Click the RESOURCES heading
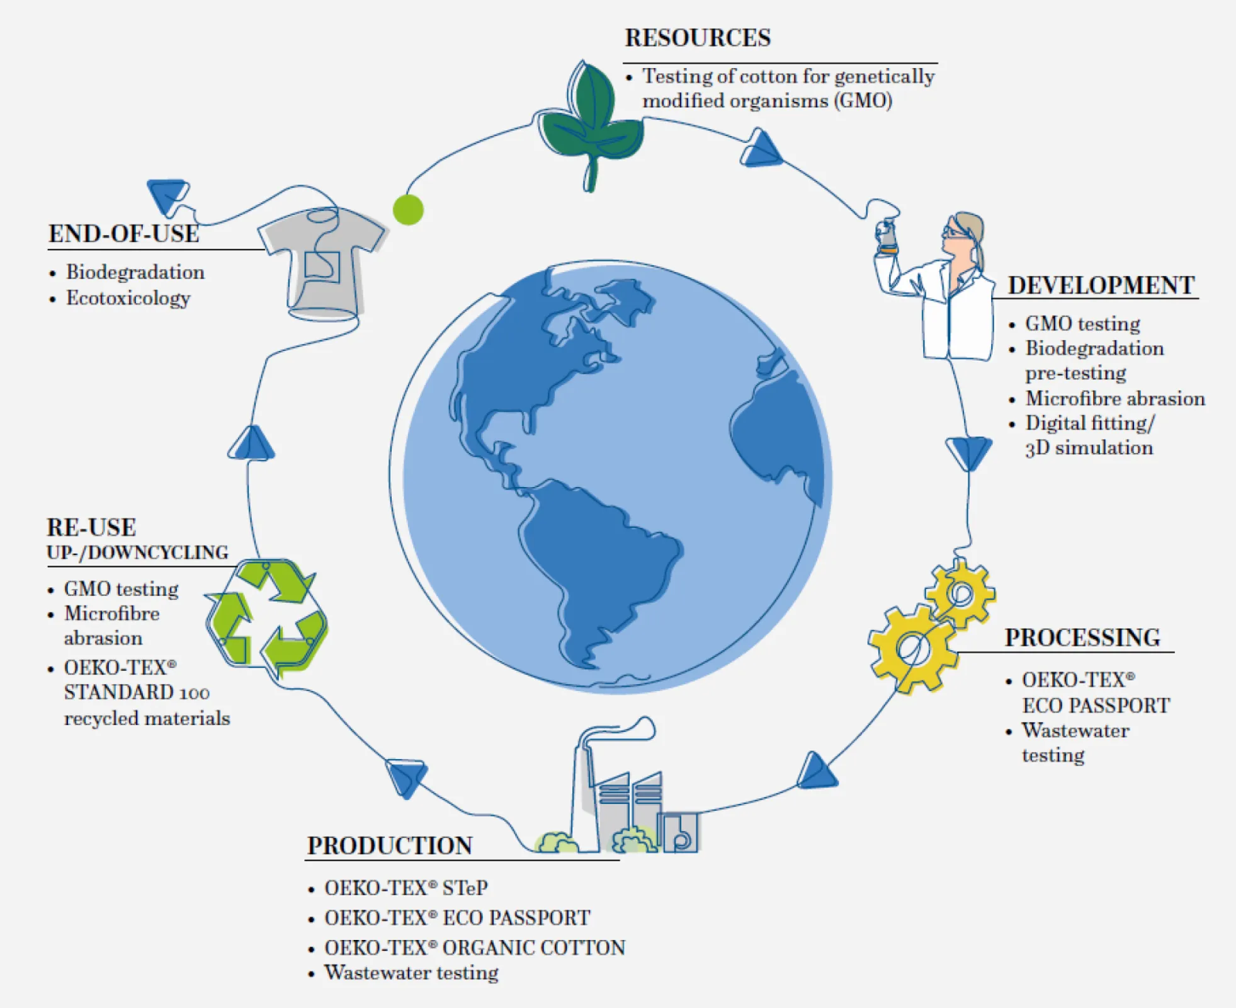pos(697,38)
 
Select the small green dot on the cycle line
pos(408,210)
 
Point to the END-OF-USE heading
pos(124,234)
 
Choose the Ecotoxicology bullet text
pos(128,298)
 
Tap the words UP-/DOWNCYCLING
pos(137,553)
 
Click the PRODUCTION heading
pos(390,845)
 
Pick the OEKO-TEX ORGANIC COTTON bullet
pos(475,948)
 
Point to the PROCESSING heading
pos(1082,638)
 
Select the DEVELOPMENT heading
pos(1101,285)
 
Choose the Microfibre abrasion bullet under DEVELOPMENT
pos(1114,399)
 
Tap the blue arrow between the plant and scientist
pos(761,150)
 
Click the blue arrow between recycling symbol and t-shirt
pos(251,443)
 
